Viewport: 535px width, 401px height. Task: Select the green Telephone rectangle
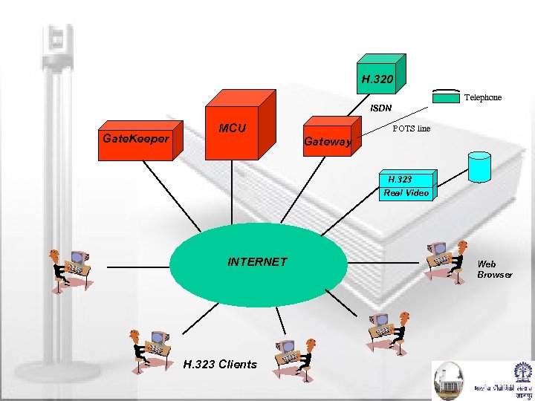coord(446,97)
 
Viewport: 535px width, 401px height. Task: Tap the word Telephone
coord(482,97)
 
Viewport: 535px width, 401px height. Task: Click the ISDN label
coord(381,108)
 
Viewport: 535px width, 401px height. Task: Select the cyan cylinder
coord(479,166)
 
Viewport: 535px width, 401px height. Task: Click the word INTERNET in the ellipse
coord(257,261)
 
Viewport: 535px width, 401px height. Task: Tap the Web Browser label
coord(494,269)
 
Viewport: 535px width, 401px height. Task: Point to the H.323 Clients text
coord(220,364)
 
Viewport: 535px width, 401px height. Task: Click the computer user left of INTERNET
coord(69,267)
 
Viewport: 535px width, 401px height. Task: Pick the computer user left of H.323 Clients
coord(149,348)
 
